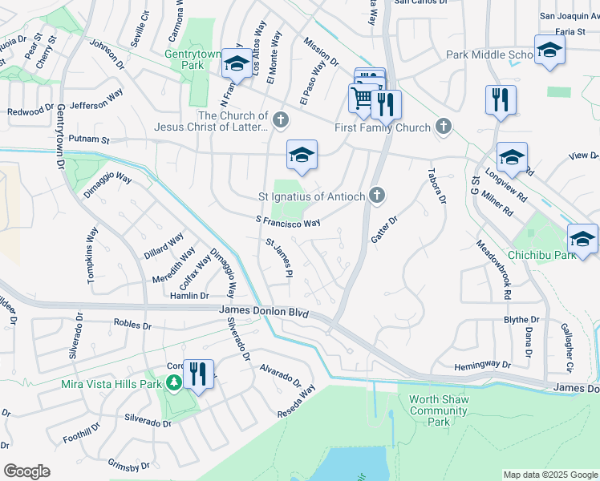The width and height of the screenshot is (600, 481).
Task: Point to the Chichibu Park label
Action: tap(542, 255)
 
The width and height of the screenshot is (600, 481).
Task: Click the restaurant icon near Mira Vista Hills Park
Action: tap(198, 374)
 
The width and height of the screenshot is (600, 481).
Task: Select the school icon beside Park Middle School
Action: tap(550, 51)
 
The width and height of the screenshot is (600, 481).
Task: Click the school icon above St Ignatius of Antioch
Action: tap(302, 156)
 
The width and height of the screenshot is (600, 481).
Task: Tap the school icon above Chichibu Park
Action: tap(512, 158)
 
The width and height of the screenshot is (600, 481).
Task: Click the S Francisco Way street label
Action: tap(288, 220)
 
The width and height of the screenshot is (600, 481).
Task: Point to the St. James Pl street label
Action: tap(278, 258)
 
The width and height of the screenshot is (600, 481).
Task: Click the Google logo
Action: tap(26, 471)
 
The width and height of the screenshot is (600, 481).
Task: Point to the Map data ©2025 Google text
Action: tap(549, 475)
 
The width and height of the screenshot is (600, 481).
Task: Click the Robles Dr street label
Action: tap(132, 325)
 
